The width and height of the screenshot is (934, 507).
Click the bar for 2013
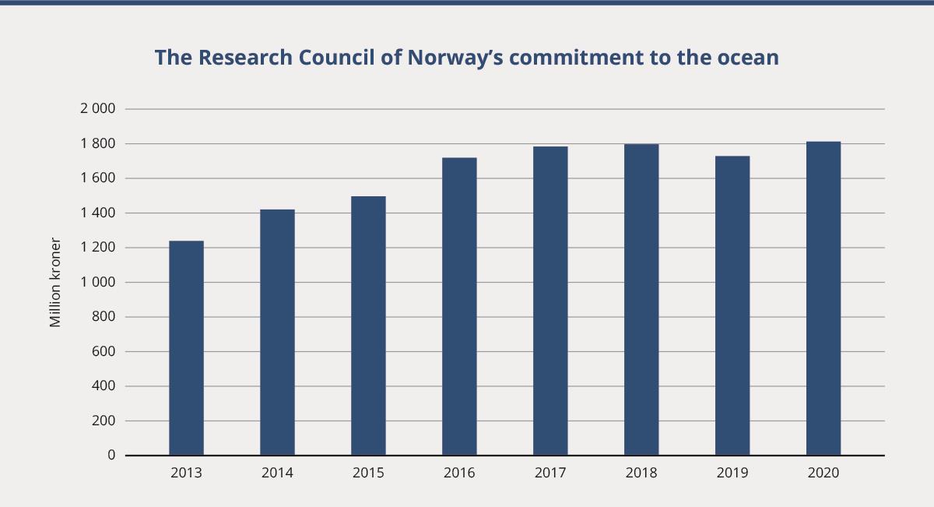186,348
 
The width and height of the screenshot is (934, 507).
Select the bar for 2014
277,333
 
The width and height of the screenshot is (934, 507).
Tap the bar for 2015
368,326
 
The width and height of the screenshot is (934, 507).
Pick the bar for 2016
459,306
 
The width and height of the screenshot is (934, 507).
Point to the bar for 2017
550,301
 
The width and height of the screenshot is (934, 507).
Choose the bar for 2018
641,300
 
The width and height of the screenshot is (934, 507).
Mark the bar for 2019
732,305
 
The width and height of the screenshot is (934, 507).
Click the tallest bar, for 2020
823,298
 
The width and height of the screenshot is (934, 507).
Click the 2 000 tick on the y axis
97,109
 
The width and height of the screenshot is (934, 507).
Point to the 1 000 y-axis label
97,282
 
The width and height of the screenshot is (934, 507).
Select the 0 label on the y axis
111,455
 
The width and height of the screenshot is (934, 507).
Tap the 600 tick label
104,351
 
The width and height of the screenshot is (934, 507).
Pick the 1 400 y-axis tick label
97,213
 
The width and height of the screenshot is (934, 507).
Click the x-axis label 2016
459,473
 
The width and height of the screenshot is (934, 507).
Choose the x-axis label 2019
732,473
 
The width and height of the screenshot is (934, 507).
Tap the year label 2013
186,473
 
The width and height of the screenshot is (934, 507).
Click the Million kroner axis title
55,282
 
